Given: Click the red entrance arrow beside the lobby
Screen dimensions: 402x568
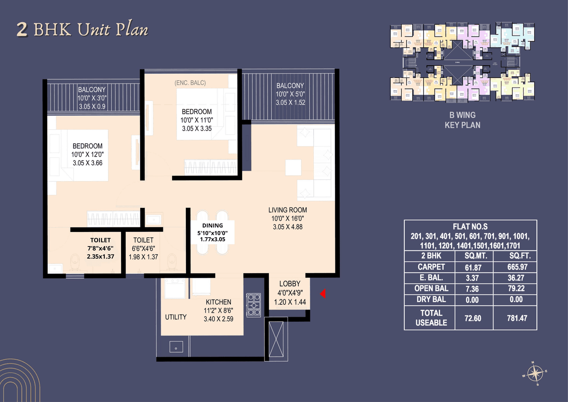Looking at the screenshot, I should tap(323, 294).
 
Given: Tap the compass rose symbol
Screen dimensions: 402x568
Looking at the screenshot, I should tap(536, 374).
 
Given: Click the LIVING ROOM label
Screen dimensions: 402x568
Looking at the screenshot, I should tap(288, 210).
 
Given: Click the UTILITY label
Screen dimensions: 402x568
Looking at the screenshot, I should tap(176, 317).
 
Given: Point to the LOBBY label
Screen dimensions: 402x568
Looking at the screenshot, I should tap(290, 284).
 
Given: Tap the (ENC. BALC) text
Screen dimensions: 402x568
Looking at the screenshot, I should tap(190, 83).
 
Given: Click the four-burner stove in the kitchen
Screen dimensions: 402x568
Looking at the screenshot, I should tap(254, 304).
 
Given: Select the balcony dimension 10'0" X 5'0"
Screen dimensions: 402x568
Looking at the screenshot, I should tap(290, 94).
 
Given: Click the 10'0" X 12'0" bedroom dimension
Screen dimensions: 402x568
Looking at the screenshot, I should tap(87, 155).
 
